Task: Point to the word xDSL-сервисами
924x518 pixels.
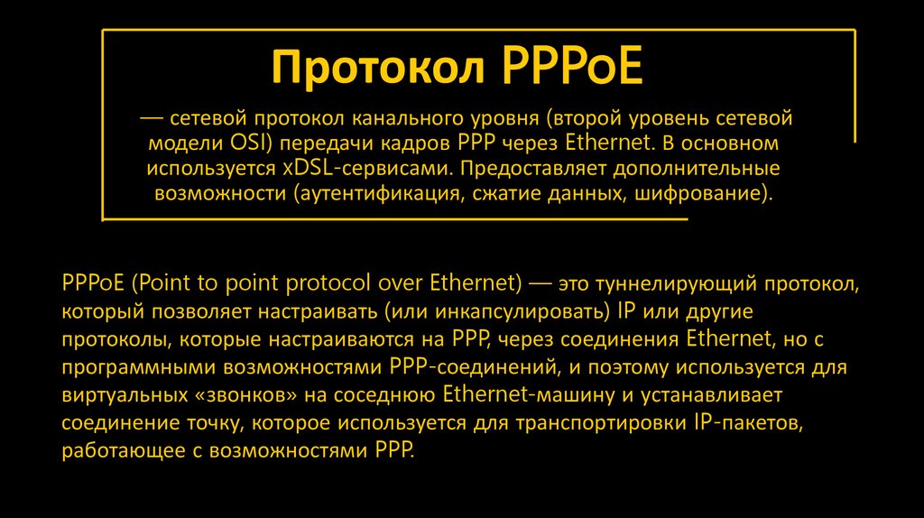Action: pos(358,168)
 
